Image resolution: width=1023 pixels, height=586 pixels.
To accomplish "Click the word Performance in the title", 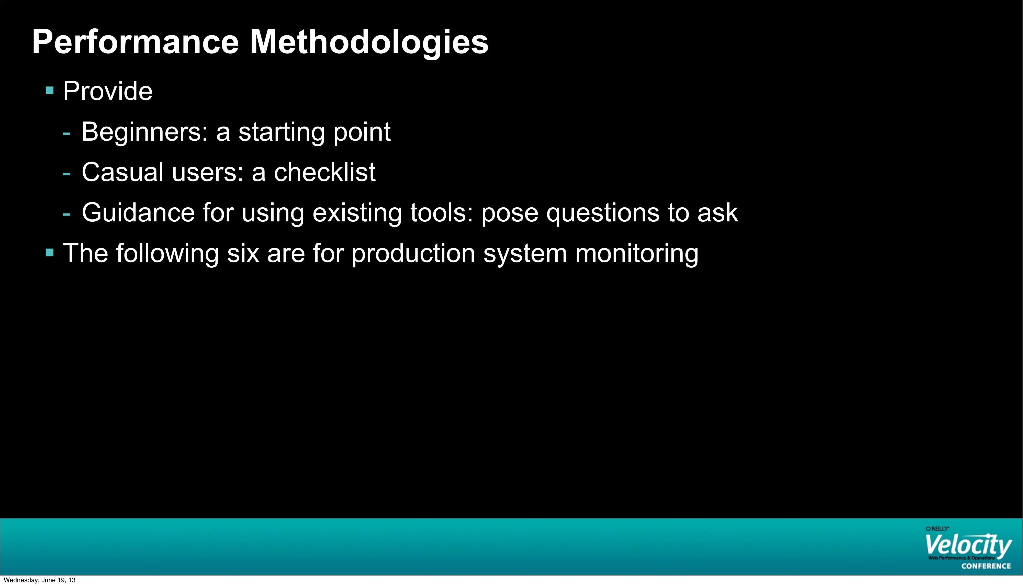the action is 136,42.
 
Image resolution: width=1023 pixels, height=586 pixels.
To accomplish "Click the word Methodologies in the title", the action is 369,42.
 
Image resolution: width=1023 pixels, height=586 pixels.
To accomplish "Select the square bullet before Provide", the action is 50,91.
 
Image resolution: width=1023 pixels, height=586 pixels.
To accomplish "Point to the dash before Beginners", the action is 67,134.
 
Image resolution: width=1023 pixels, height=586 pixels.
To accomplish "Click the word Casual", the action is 123,172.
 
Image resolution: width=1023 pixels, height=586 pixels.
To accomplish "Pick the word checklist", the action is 325,172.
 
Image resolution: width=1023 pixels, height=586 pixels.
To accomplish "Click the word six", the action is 243,254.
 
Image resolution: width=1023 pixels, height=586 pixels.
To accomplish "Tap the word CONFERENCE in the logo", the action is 986,566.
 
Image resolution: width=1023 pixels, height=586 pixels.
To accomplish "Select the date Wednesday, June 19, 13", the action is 39,580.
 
